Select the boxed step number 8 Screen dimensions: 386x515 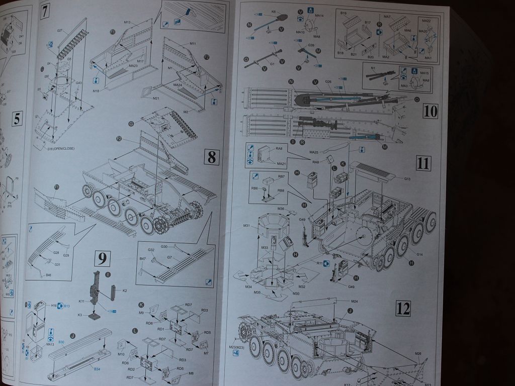(x=212, y=157)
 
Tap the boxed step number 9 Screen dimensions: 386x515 (x=102, y=259)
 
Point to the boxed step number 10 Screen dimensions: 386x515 (x=431, y=111)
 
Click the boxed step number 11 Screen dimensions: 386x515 (x=423, y=162)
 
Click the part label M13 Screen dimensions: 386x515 (x=127, y=22)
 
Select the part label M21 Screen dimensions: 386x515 (x=156, y=99)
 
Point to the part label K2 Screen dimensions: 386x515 (x=124, y=291)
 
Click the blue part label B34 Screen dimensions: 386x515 (x=97, y=369)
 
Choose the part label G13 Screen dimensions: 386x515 (x=407, y=179)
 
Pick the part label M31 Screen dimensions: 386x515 (x=247, y=226)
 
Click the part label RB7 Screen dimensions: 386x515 (x=282, y=176)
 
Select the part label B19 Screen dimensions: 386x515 (x=344, y=12)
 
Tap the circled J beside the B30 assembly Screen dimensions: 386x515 (x=73, y=336)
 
